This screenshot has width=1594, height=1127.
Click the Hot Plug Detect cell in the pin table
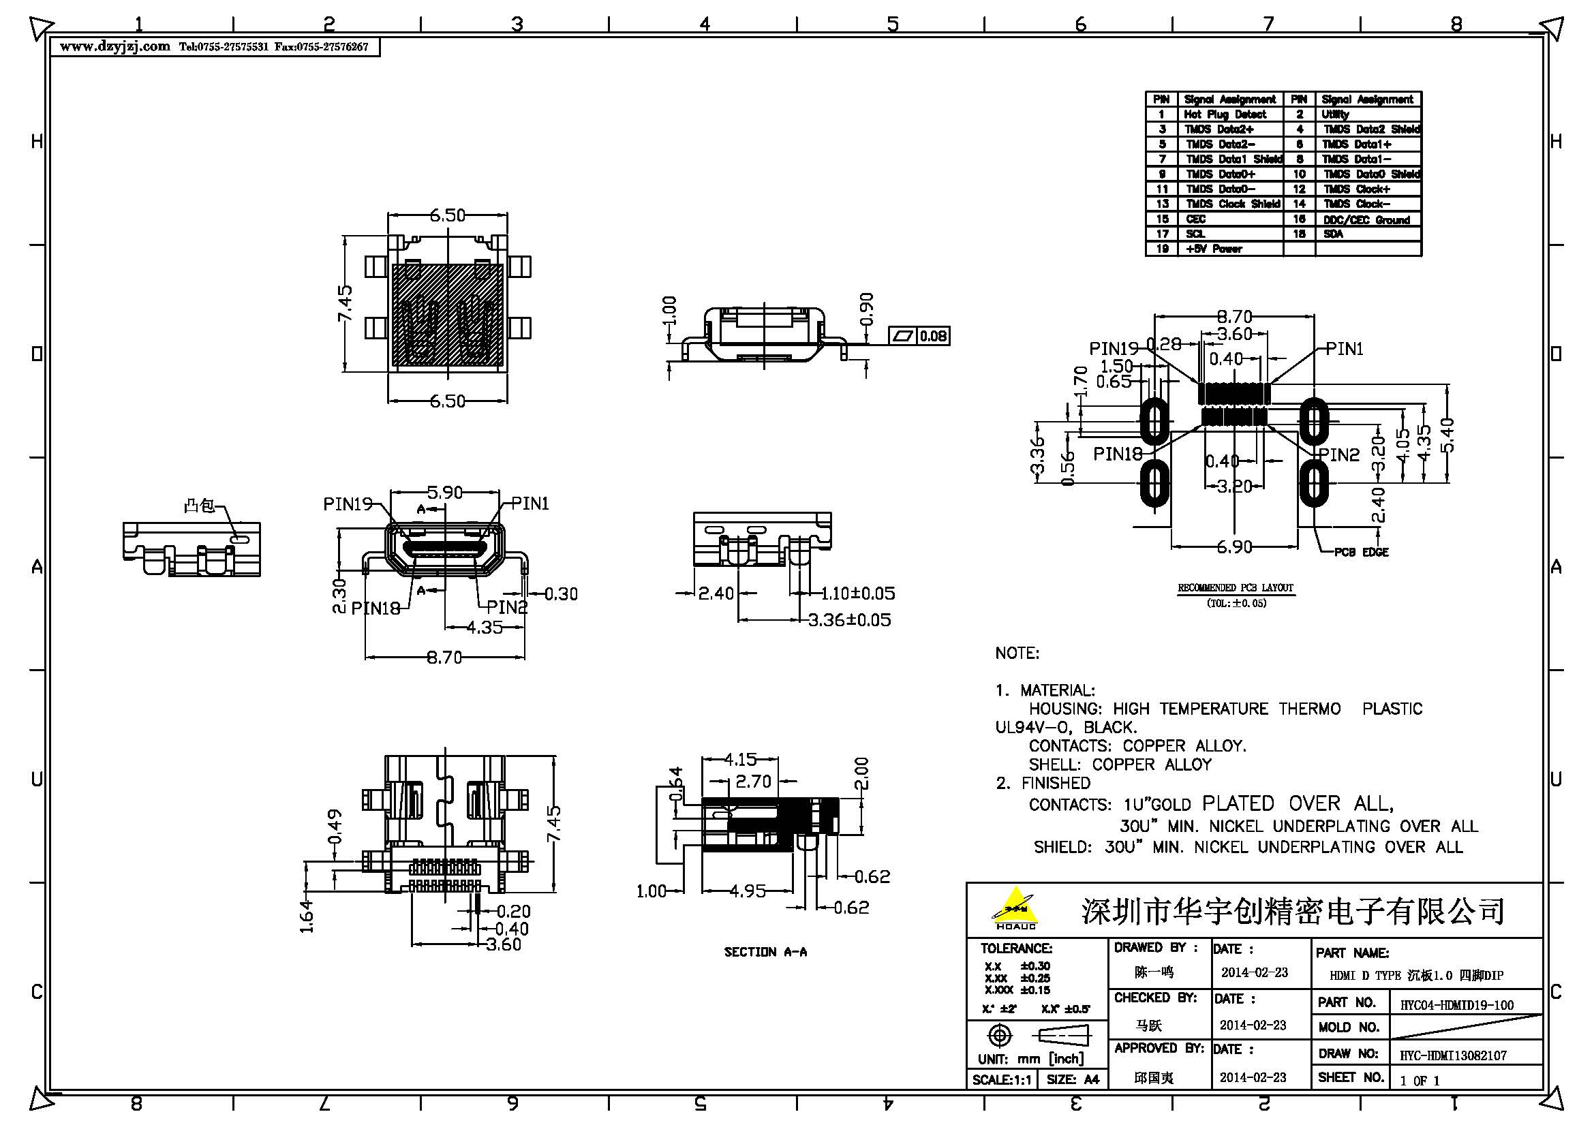(x=1225, y=114)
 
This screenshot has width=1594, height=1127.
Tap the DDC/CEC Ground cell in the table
(x=1366, y=220)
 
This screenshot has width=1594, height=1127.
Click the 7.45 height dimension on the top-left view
(x=345, y=303)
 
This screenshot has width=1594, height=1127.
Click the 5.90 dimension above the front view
(x=444, y=492)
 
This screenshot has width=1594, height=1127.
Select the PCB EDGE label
(x=1362, y=553)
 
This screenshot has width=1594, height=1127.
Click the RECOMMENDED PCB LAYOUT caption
(x=1235, y=588)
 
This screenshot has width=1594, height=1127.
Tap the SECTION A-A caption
(x=765, y=952)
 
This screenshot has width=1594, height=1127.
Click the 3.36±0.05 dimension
(x=849, y=619)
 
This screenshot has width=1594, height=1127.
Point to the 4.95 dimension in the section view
(x=747, y=891)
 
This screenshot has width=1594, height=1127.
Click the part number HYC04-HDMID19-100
(x=1456, y=1005)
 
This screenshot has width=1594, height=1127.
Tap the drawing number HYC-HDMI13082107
(x=1452, y=1055)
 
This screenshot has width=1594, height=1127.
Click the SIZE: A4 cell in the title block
(x=1073, y=1080)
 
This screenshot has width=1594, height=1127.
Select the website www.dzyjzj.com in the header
(x=114, y=46)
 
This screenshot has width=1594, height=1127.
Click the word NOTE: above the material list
(x=1017, y=653)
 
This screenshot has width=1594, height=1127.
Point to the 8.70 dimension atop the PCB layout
(x=1233, y=317)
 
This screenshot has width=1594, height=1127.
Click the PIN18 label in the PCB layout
(x=1118, y=454)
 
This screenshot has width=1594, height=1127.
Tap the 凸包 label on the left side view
(x=198, y=506)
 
